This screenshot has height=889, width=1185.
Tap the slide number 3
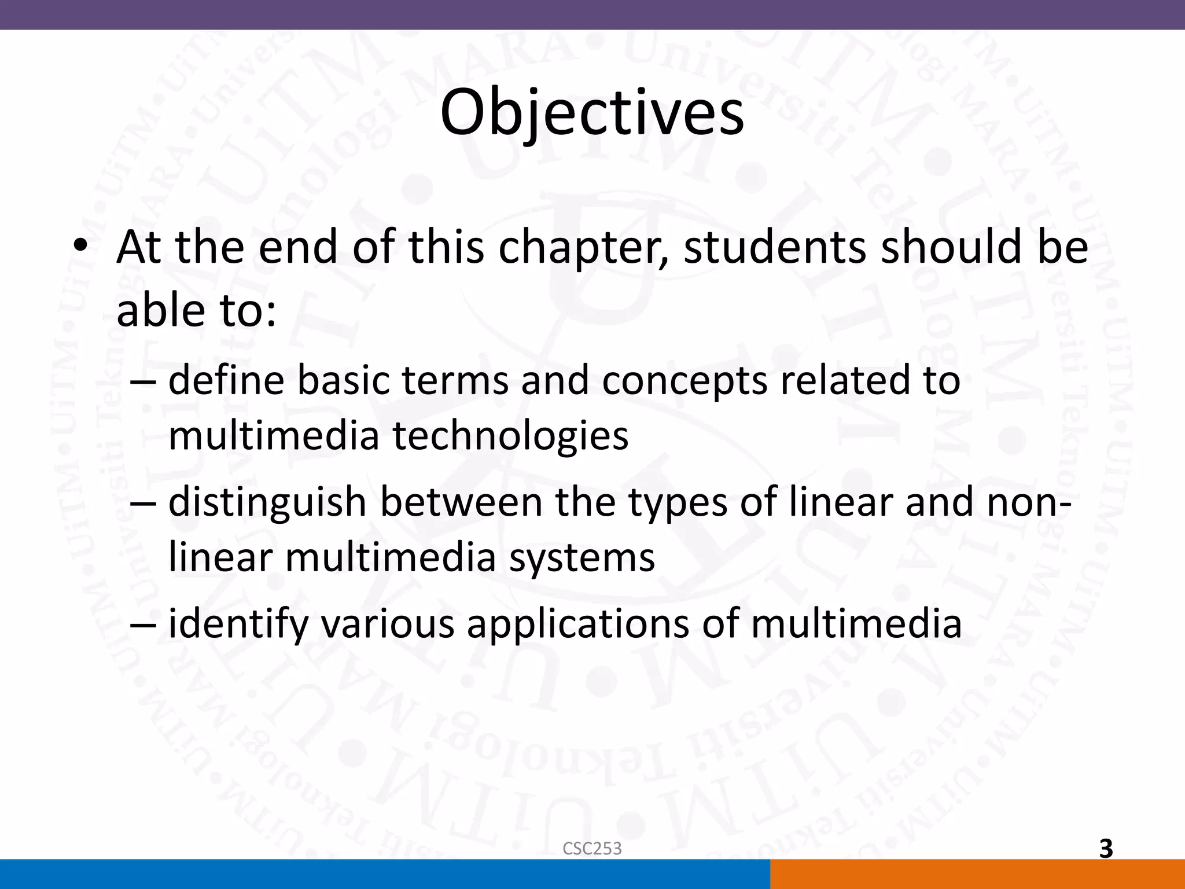coord(1106,848)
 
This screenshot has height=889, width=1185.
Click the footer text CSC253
coord(592,848)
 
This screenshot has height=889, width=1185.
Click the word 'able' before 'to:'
coord(161,310)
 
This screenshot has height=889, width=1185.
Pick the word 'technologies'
coord(511,436)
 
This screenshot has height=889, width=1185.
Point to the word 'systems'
coord(582,558)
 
